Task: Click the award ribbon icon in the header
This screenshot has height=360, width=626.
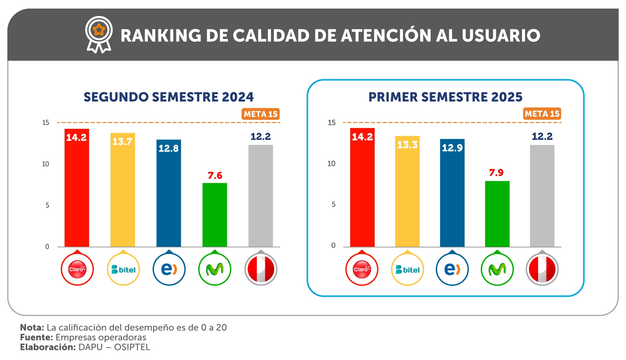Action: [99, 34]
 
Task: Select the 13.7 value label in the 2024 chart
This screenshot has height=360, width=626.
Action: [122, 142]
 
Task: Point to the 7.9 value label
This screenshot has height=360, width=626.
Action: [496, 172]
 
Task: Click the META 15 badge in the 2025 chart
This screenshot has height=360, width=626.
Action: [542, 114]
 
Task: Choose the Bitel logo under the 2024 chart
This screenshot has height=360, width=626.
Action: [123, 269]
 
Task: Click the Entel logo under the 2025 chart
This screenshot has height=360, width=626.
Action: [452, 269]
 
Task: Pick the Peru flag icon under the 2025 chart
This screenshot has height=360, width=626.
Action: [542, 269]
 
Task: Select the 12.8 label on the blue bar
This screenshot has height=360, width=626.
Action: [169, 148]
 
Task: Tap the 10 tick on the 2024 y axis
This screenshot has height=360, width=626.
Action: [46, 164]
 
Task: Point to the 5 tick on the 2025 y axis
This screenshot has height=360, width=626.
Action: [333, 204]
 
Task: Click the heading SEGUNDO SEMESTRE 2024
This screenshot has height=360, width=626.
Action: [168, 97]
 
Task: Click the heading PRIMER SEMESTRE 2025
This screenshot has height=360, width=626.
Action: [445, 97]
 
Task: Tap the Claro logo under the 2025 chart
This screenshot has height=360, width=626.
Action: [362, 269]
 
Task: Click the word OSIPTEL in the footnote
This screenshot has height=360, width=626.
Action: [132, 347]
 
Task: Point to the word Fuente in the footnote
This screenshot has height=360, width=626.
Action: [36, 337]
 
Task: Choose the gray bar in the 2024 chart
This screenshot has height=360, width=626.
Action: [261, 196]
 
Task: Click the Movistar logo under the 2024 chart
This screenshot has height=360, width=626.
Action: [215, 269]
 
